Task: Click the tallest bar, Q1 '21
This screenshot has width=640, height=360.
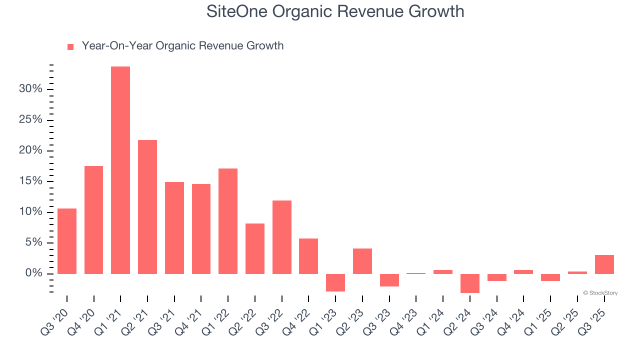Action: click(x=120, y=170)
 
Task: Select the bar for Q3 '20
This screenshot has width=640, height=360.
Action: click(x=67, y=241)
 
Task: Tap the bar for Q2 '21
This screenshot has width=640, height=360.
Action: click(x=147, y=206)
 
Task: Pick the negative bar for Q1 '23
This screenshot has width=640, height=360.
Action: click(x=335, y=282)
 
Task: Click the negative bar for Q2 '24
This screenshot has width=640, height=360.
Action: click(x=470, y=283)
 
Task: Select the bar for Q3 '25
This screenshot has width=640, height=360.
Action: click(x=604, y=264)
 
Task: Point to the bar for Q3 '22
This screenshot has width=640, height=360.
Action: click(x=282, y=237)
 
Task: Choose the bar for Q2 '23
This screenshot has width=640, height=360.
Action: click(x=362, y=261)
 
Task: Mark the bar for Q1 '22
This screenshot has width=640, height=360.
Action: click(x=228, y=221)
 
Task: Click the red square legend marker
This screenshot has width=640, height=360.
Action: click(x=70, y=46)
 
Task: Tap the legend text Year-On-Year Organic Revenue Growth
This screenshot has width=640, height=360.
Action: click(x=182, y=46)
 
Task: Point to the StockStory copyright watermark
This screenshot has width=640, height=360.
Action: click(x=600, y=293)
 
